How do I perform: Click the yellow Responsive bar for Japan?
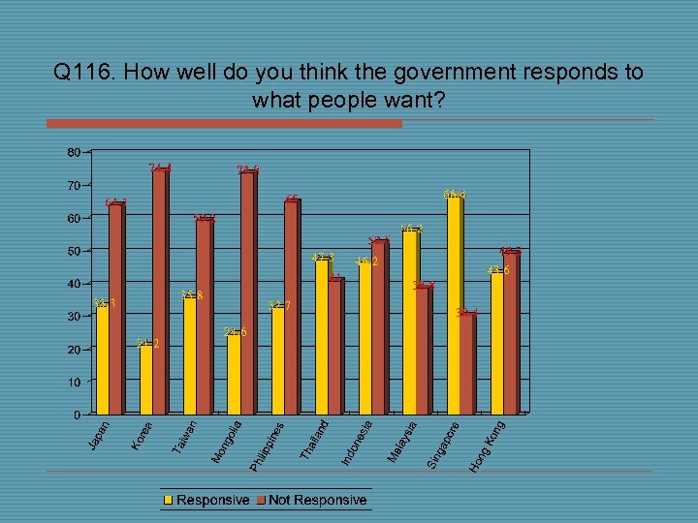[102, 360]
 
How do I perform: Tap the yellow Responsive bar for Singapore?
[453, 306]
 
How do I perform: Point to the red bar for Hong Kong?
[511, 333]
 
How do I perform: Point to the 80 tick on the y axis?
[74, 152]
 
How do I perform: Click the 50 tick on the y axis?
[74, 251]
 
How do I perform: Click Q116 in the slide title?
[86, 73]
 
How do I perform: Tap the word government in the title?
[419, 73]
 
